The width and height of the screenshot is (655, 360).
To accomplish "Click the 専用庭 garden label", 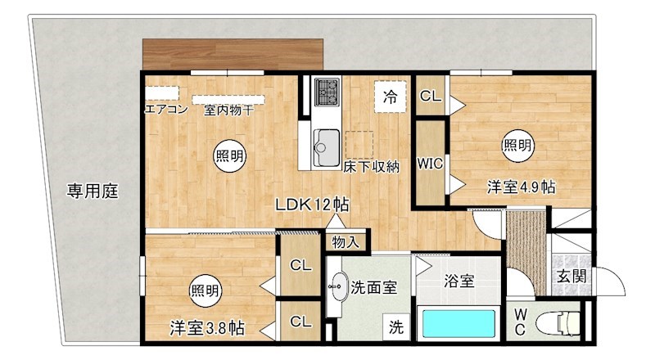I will tap(93, 192).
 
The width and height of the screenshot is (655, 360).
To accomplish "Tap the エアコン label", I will tap(166, 109).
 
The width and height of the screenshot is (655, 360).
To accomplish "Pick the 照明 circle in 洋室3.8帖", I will tap(205, 290).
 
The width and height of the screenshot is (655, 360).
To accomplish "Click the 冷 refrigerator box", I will tap(391, 97).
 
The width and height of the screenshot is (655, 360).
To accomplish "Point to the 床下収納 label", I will tap(370, 168).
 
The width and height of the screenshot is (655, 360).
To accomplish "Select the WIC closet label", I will tap(430, 163).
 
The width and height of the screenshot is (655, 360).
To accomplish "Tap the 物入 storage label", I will tap(345, 241).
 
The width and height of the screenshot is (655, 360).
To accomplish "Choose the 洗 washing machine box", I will tap(396, 328).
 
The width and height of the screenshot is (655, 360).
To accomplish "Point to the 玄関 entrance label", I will tap(571, 276).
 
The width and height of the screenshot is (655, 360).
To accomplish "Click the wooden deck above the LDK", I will tap(236, 55).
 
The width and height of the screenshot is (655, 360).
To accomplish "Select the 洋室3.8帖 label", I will tap(206, 329).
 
